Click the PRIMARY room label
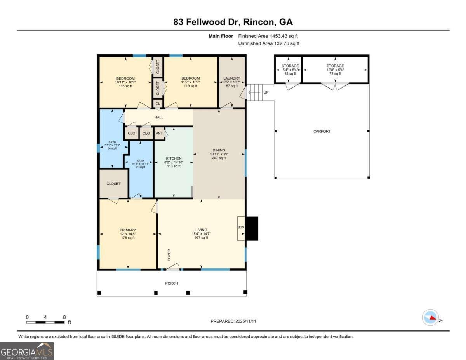pos(127,230)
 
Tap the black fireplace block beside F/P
pos(252,228)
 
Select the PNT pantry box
pos(159,133)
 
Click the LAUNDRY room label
pos(232,78)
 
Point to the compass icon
pos(430,318)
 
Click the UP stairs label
pos(266,92)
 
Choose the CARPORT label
pos(322,131)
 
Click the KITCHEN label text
pos(174,158)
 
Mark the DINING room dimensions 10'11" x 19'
pos(219,154)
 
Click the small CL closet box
pos(158,104)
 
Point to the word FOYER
pos(169,255)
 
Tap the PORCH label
pos(171,283)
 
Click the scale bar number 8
pos(64,317)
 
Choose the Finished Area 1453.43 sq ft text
pos(268,36)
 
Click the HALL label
pos(158,117)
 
